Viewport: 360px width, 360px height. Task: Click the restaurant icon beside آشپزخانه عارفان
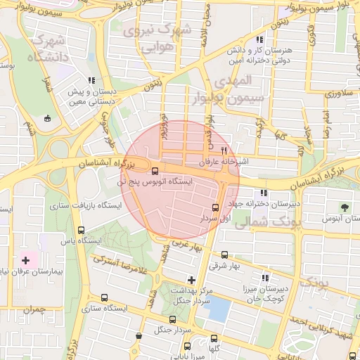pos(224,150)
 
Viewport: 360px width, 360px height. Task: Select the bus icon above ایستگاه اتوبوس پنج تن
pos(155,169)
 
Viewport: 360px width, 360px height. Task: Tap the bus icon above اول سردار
pos(215,207)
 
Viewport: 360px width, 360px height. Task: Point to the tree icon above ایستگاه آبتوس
pos(345,207)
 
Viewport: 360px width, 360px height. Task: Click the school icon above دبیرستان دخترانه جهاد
pos(264,193)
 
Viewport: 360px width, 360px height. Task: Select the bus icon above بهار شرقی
pos(224,255)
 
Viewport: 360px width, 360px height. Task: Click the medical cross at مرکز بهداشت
pos(191,280)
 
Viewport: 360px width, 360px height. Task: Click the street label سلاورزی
pos(336,93)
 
